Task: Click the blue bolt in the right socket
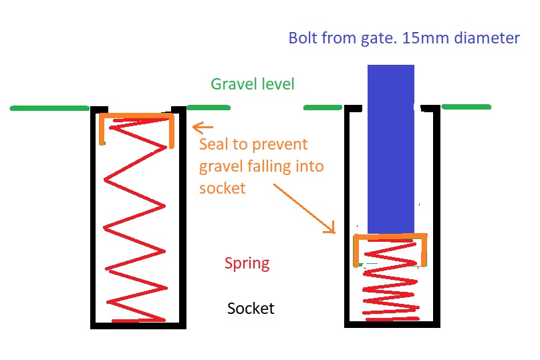click(x=391, y=147)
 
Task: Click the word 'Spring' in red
click(x=247, y=262)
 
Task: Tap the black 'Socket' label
click(x=251, y=309)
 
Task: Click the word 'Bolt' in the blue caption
click(x=304, y=38)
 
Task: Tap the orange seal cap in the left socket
click(x=137, y=118)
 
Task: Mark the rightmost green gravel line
click(x=466, y=106)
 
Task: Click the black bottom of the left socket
click(x=138, y=325)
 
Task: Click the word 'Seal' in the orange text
click(x=217, y=144)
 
